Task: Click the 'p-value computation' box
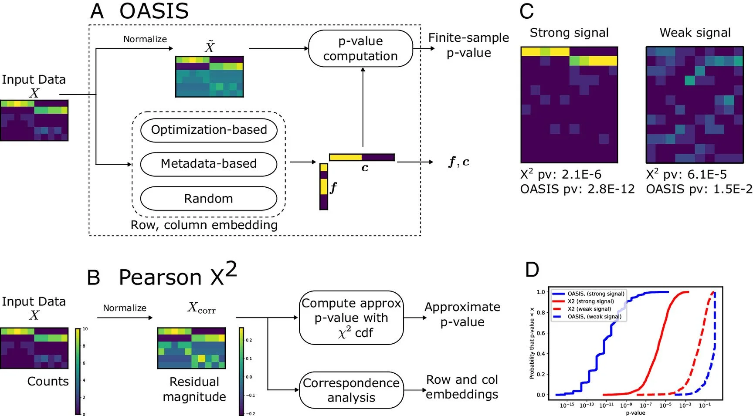pyautogui.click(x=360, y=48)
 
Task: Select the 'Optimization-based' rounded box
pyautogui.click(x=209, y=130)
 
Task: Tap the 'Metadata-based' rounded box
pyautogui.click(x=209, y=164)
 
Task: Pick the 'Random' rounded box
pyautogui.click(x=209, y=199)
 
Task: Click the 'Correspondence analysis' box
pyautogui.click(x=351, y=390)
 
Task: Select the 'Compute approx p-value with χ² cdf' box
pyautogui.click(x=351, y=318)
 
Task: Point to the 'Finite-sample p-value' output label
pyautogui.click(x=468, y=45)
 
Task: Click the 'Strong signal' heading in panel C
pyautogui.click(x=569, y=33)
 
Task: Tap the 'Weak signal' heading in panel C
pyautogui.click(x=695, y=33)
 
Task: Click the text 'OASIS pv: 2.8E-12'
pyautogui.click(x=577, y=189)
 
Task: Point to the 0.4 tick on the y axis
pyautogui.click(x=541, y=354)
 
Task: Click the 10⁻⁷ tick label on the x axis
pyautogui.click(x=645, y=406)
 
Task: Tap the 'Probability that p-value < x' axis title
pyautogui.click(x=532, y=343)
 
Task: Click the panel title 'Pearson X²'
pyautogui.click(x=178, y=276)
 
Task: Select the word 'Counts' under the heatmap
pyautogui.click(x=48, y=382)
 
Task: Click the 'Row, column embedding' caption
pyautogui.click(x=204, y=225)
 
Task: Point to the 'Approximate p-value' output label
pyautogui.click(x=462, y=315)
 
